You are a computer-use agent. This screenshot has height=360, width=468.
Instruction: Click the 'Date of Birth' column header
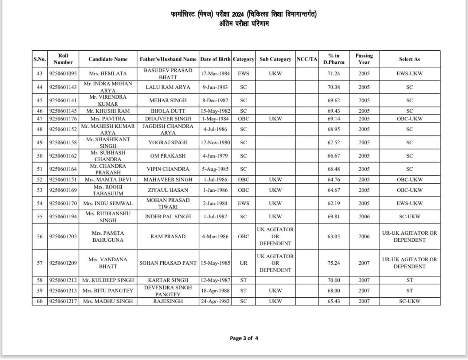[x=215, y=59]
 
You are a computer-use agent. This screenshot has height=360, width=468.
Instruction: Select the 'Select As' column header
[x=409, y=59]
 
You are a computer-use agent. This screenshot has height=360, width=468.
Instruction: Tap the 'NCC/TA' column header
[x=307, y=59]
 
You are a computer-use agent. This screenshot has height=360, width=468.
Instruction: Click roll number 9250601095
[x=63, y=74]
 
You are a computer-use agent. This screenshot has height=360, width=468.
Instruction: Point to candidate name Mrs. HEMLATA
[x=108, y=74]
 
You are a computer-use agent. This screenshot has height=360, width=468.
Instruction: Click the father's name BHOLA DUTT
[x=168, y=111]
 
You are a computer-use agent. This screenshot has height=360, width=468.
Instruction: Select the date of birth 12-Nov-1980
[x=215, y=143]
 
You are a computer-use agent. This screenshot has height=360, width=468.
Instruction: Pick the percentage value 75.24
[x=334, y=263]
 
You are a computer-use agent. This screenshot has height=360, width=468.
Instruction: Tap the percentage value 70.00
[x=334, y=280]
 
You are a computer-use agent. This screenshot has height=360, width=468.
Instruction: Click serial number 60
[x=39, y=301]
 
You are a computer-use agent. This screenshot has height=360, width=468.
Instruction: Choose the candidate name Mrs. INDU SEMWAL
[x=108, y=203]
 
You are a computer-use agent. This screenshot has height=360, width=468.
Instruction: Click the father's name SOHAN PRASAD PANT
[x=168, y=263]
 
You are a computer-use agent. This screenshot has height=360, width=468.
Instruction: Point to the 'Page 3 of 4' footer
[x=244, y=338]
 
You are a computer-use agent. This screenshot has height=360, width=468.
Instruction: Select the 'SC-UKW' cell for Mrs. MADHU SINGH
[x=409, y=301]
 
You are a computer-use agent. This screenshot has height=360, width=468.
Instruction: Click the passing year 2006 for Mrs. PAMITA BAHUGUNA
[x=364, y=237]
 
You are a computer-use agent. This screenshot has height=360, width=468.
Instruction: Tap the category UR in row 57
[x=244, y=263]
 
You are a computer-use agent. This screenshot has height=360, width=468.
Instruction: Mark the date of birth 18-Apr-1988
[x=215, y=291]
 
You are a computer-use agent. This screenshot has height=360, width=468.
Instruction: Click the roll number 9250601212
[x=63, y=280]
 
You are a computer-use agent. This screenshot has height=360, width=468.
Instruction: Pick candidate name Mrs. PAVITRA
[x=108, y=118]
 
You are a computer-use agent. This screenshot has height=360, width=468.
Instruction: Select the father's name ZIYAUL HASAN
[x=168, y=190]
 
